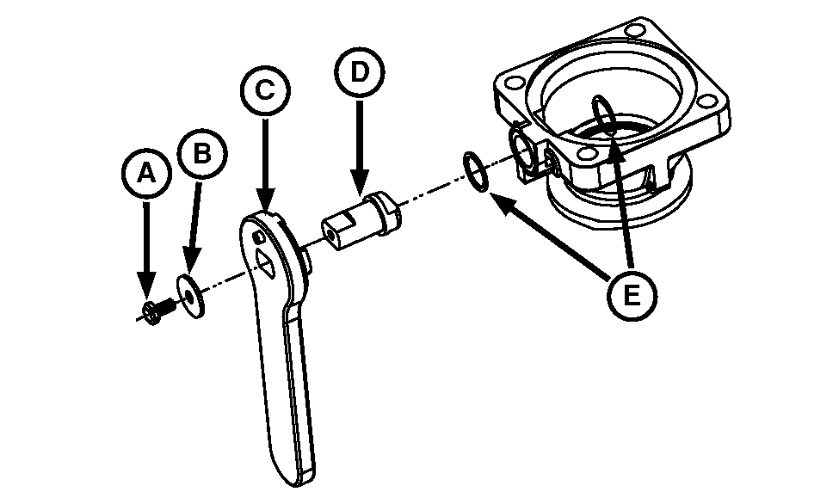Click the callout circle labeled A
146,174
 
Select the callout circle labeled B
201,153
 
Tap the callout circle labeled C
265,89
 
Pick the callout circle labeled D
360,72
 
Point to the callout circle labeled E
632,296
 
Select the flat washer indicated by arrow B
190,297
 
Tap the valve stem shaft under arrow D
361,220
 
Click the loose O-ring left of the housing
475,171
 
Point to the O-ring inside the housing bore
604,115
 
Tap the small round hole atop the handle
259,237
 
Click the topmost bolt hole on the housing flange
635,29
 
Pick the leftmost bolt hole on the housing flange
515,83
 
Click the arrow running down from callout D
360,148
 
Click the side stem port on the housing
523,151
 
